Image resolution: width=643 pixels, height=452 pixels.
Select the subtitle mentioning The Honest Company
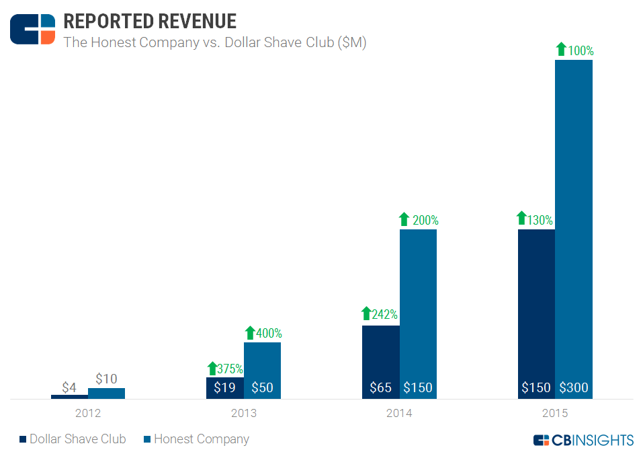click(x=214, y=42)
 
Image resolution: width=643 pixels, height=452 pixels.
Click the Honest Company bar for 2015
click(x=574, y=222)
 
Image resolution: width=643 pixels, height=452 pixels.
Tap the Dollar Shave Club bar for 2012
click(x=69, y=397)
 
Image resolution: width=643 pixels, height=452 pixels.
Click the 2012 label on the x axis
click(x=88, y=413)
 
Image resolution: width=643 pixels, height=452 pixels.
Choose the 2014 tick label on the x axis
click(x=399, y=413)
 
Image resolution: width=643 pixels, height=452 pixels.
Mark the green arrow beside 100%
click(x=562, y=49)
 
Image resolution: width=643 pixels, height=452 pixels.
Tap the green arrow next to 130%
click(x=521, y=219)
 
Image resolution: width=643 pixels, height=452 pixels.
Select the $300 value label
click(x=574, y=387)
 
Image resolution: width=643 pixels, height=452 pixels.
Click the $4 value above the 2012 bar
click(x=69, y=387)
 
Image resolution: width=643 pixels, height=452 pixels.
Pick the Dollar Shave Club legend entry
click(x=72, y=439)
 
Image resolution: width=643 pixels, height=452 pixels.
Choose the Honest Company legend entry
click(x=196, y=439)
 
